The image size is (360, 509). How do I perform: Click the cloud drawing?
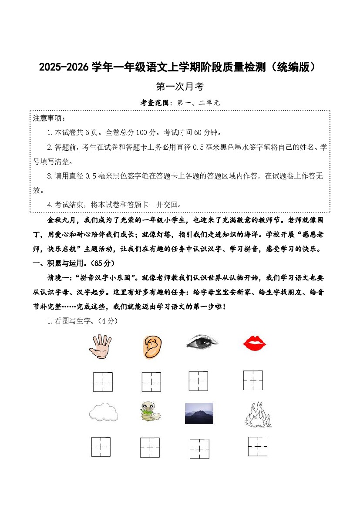click(x=103, y=412)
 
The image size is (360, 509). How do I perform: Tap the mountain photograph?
click(x=199, y=413)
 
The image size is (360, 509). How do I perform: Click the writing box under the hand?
click(x=103, y=382)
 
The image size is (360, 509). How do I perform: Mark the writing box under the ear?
click(x=151, y=382)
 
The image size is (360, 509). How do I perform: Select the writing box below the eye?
click(x=199, y=381)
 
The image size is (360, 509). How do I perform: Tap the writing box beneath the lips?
click(x=253, y=381)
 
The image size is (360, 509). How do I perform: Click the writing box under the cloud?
click(x=101, y=447)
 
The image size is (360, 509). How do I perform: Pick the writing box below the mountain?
click(x=199, y=448)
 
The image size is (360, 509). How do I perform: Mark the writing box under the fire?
click(x=258, y=446)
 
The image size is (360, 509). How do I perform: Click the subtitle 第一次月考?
click(x=180, y=87)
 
